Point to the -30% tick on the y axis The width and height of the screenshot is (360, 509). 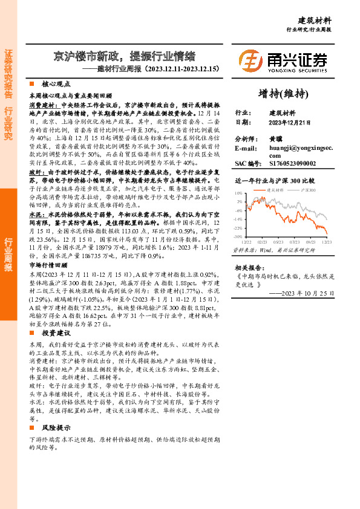click(239, 237)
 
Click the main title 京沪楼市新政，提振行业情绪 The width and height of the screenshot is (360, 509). click(124, 57)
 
